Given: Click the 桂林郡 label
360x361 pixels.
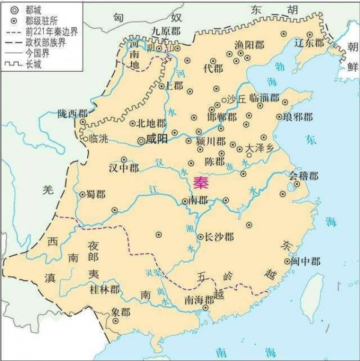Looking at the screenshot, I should [104, 290].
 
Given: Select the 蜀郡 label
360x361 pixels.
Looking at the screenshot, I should [96, 194].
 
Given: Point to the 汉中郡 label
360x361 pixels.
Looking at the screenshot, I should [124, 168].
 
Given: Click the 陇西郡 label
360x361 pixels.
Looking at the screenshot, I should [73, 113].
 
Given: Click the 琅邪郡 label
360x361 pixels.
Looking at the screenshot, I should [298, 117].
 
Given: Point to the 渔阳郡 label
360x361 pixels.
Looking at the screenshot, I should [249, 44].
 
